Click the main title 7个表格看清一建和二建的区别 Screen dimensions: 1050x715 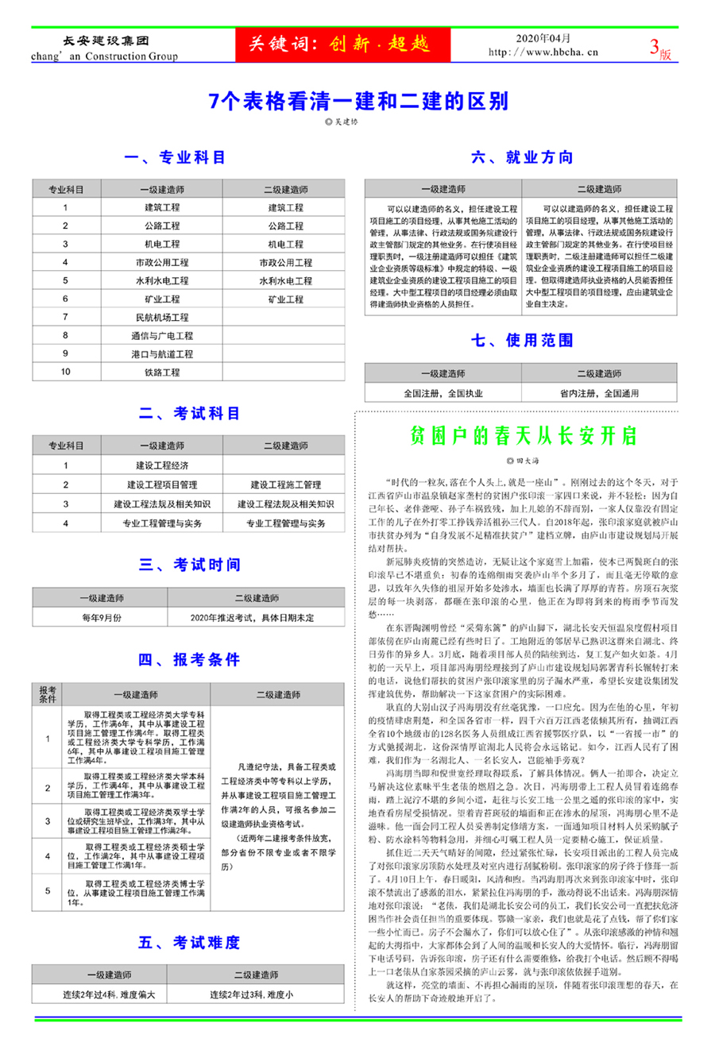(x=357, y=101)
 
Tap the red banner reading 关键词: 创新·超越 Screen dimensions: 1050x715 (x=342, y=44)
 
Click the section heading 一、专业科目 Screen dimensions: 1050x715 (x=175, y=157)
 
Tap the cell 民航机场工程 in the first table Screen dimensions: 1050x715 (x=162, y=318)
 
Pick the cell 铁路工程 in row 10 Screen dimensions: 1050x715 (x=162, y=373)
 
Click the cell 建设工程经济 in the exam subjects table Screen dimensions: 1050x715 (x=162, y=465)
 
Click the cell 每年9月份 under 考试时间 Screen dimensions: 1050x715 (x=102, y=617)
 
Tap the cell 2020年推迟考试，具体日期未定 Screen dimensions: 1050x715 (x=252, y=617)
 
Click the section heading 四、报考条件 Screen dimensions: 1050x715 (x=189, y=659)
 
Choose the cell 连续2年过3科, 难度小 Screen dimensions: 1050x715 (x=252, y=994)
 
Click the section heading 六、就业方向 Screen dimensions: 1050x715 (x=522, y=157)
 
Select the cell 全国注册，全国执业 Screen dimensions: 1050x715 (x=443, y=393)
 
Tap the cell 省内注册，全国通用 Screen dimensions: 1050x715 (x=599, y=393)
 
